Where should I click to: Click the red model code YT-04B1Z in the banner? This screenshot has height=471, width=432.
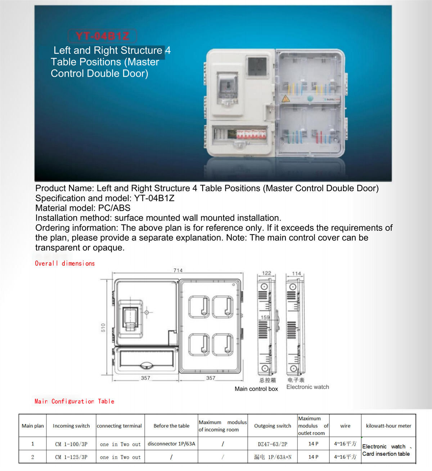102,36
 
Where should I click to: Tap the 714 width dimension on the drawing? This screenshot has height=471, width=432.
178,270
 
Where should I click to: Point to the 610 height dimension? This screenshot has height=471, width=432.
103,327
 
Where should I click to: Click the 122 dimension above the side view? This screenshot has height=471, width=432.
266,273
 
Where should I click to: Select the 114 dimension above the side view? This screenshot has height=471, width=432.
296,274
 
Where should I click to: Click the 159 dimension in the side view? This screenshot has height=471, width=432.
265,317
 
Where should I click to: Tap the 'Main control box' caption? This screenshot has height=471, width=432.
256,389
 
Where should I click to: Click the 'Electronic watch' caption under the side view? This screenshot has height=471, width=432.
307,387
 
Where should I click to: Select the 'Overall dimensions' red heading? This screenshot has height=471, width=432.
65,263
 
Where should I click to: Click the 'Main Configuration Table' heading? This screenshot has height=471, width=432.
74,401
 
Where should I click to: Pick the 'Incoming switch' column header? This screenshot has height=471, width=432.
71,426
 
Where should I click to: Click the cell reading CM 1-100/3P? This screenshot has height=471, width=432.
71,444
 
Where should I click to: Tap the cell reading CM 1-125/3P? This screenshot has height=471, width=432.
71,457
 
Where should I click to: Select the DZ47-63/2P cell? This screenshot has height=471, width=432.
273,444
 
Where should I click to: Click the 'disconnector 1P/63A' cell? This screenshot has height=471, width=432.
171,444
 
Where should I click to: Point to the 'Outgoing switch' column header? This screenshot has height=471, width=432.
273,426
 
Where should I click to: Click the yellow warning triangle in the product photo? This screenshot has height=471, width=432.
285,98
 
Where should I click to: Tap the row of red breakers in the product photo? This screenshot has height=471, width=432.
251,134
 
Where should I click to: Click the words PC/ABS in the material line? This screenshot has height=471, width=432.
114,208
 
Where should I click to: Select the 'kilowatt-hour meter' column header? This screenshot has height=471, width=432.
388,426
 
